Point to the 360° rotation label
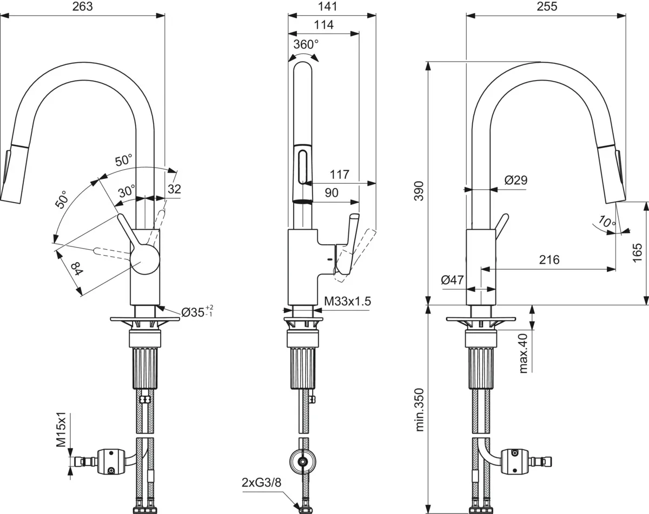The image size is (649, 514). tap(306, 44)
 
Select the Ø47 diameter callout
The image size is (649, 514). tap(452, 280)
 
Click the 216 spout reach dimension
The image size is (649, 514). tap(548, 259)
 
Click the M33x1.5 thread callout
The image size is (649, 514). tap(348, 302)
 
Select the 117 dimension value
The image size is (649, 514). tap(339, 175)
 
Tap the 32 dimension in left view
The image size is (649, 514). tap(174, 189)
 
